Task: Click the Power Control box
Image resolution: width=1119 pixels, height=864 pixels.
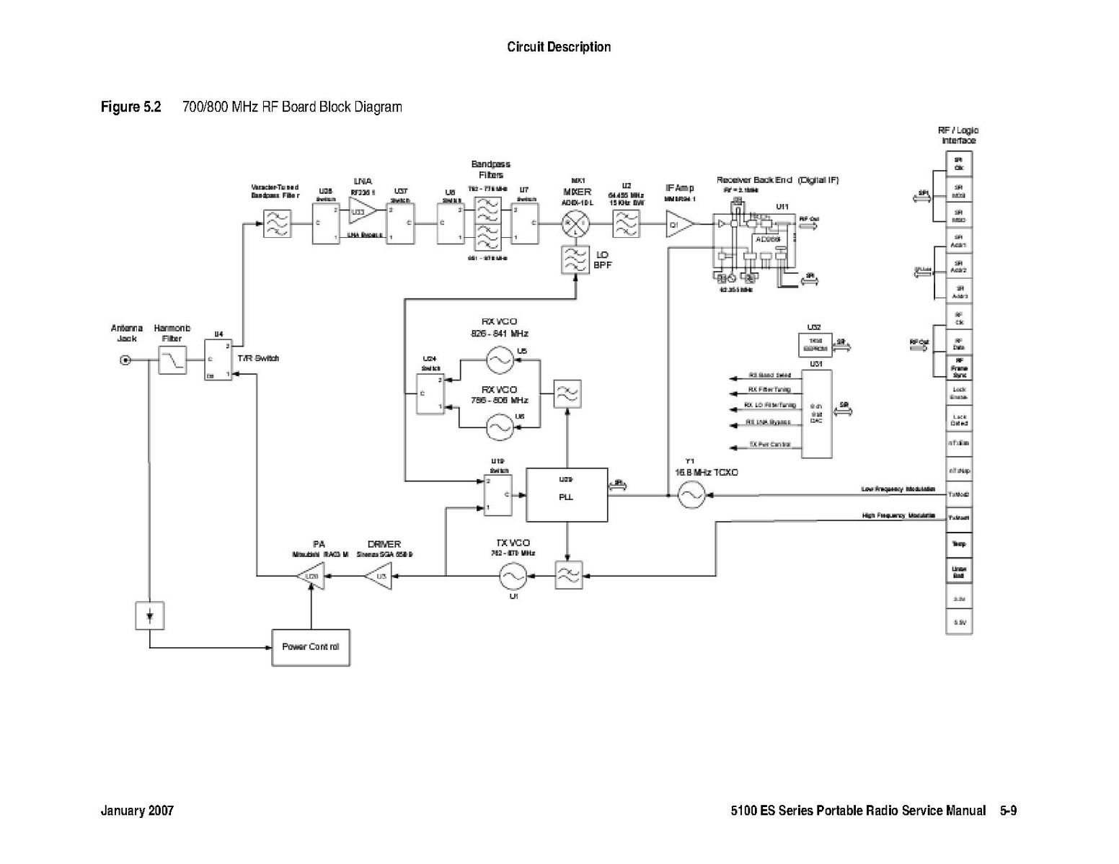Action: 311,647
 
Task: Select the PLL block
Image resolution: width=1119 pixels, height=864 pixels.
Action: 567,495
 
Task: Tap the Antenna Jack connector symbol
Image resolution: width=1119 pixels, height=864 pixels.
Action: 125,360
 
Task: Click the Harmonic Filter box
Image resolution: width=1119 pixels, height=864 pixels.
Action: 172,360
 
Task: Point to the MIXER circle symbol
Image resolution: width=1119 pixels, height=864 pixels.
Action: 575,225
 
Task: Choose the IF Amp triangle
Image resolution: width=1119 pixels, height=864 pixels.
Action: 678,225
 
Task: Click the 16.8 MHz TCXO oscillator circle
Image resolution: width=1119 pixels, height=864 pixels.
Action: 691,495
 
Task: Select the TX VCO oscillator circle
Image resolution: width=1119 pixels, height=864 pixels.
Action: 513,575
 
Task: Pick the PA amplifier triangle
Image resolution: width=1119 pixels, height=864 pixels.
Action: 311,576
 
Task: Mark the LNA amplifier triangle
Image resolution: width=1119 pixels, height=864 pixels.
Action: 361,213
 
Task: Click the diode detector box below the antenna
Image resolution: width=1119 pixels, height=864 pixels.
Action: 149,616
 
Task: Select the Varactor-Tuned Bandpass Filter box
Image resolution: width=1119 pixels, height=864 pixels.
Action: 277,225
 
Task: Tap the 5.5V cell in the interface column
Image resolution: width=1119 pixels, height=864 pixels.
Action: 959,622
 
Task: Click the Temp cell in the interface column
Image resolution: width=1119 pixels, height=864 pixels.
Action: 959,545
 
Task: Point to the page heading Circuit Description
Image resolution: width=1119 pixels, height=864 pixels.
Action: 559,48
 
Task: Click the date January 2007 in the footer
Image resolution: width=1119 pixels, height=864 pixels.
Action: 137,811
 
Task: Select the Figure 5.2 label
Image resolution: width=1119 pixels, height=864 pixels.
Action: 131,107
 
